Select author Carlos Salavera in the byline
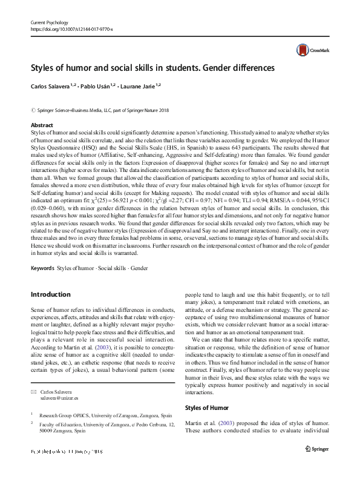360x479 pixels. coord(51,87)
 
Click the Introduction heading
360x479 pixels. coord(50,295)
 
